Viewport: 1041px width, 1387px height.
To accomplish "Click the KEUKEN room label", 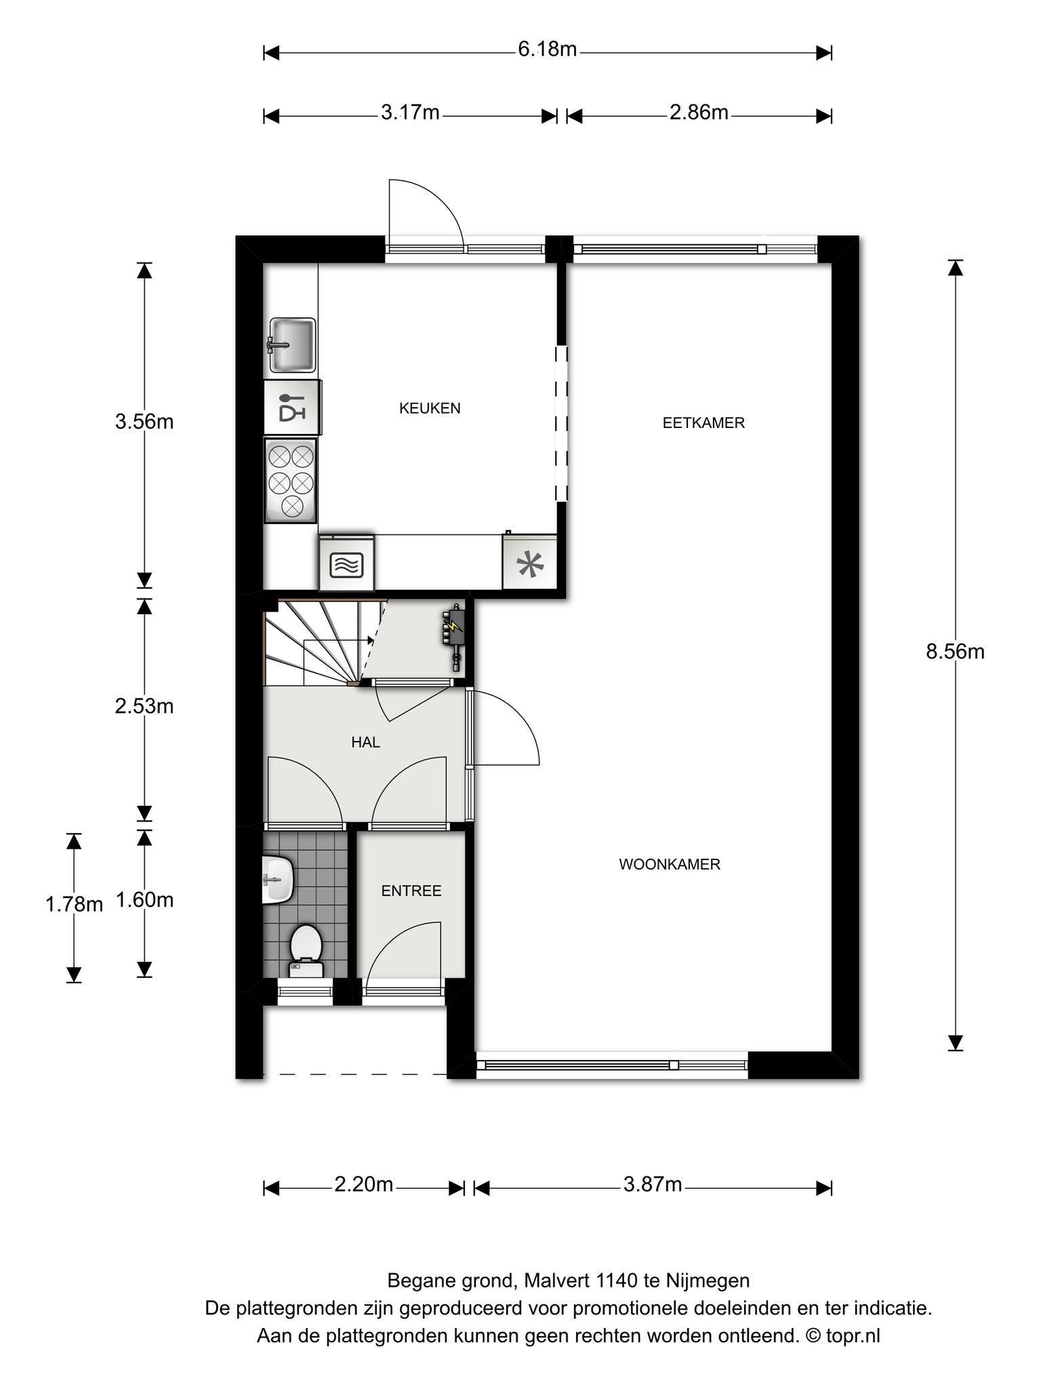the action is pyautogui.click(x=430, y=408).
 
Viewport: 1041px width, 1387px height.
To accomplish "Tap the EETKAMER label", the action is pyautogui.click(x=703, y=423).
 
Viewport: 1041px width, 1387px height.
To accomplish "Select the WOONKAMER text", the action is pyautogui.click(x=670, y=865).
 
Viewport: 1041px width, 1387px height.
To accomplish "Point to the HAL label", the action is pyautogui.click(x=365, y=742).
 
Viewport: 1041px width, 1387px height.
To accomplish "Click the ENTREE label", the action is pyautogui.click(x=411, y=891).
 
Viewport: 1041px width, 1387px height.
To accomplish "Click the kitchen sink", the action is pyautogui.click(x=292, y=345).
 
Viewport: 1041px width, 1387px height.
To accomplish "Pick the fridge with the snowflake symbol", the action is pyautogui.click(x=530, y=561).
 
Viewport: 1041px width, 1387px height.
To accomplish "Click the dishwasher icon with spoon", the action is pyautogui.click(x=292, y=407).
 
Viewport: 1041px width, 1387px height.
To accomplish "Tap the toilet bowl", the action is pyautogui.click(x=306, y=952).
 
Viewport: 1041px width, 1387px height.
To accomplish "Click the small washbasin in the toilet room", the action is pyautogui.click(x=278, y=879).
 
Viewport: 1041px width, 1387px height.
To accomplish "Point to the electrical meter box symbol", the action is pyautogui.click(x=453, y=635).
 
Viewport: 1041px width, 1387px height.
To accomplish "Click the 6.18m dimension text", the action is pyautogui.click(x=547, y=49).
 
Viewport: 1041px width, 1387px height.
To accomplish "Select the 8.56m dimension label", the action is pyautogui.click(x=955, y=652).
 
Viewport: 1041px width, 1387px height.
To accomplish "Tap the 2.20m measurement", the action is pyautogui.click(x=363, y=1185).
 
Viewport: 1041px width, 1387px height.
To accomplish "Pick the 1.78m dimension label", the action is pyautogui.click(x=74, y=903).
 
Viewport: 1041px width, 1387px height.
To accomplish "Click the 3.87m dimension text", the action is pyautogui.click(x=653, y=1185).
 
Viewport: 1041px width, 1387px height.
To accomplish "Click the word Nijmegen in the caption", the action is pyautogui.click(x=708, y=1281).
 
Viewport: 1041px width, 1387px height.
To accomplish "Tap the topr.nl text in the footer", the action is pyautogui.click(x=853, y=1336).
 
